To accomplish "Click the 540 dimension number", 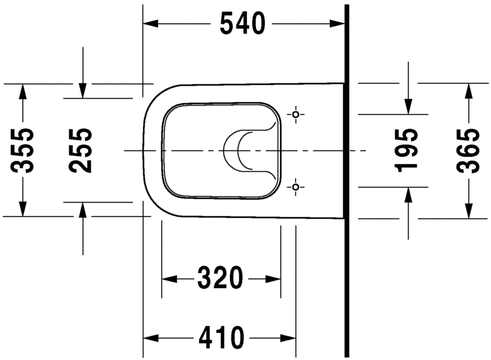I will (x=242, y=24).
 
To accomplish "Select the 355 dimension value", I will (x=23, y=150).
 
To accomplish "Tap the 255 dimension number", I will (x=81, y=150).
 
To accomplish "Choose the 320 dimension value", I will (x=220, y=278).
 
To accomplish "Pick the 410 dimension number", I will (x=221, y=338).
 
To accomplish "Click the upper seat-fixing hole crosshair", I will (x=296, y=115).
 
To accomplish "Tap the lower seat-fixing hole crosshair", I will (x=296, y=186).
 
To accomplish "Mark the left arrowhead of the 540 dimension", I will (x=150, y=24).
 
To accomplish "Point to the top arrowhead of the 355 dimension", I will (x=23, y=91).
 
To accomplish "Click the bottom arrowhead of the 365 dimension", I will (x=468, y=211).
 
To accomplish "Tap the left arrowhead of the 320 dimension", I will (x=169, y=278).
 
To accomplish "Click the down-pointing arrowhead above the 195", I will (x=408, y=108).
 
